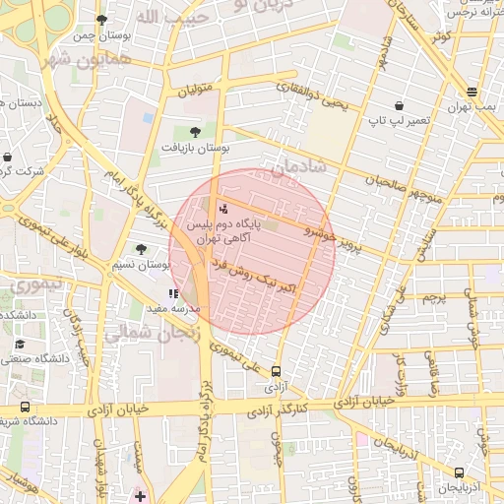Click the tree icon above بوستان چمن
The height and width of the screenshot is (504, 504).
(101, 19)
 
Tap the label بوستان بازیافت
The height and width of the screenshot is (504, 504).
(196, 148)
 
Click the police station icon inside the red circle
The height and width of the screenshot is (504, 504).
(223, 209)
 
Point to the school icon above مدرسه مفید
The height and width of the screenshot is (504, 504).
(173, 293)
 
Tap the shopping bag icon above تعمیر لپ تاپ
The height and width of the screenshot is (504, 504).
(398, 105)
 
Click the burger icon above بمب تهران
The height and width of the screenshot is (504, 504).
(472, 93)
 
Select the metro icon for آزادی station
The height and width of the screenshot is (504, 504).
(275, 372)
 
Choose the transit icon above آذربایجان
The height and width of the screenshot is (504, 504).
(459, 472)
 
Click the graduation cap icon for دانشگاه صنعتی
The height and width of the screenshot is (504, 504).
(20, 345)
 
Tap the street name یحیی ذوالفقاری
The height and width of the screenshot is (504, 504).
(316, 100)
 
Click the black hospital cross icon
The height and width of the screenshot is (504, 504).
(141, 495)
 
